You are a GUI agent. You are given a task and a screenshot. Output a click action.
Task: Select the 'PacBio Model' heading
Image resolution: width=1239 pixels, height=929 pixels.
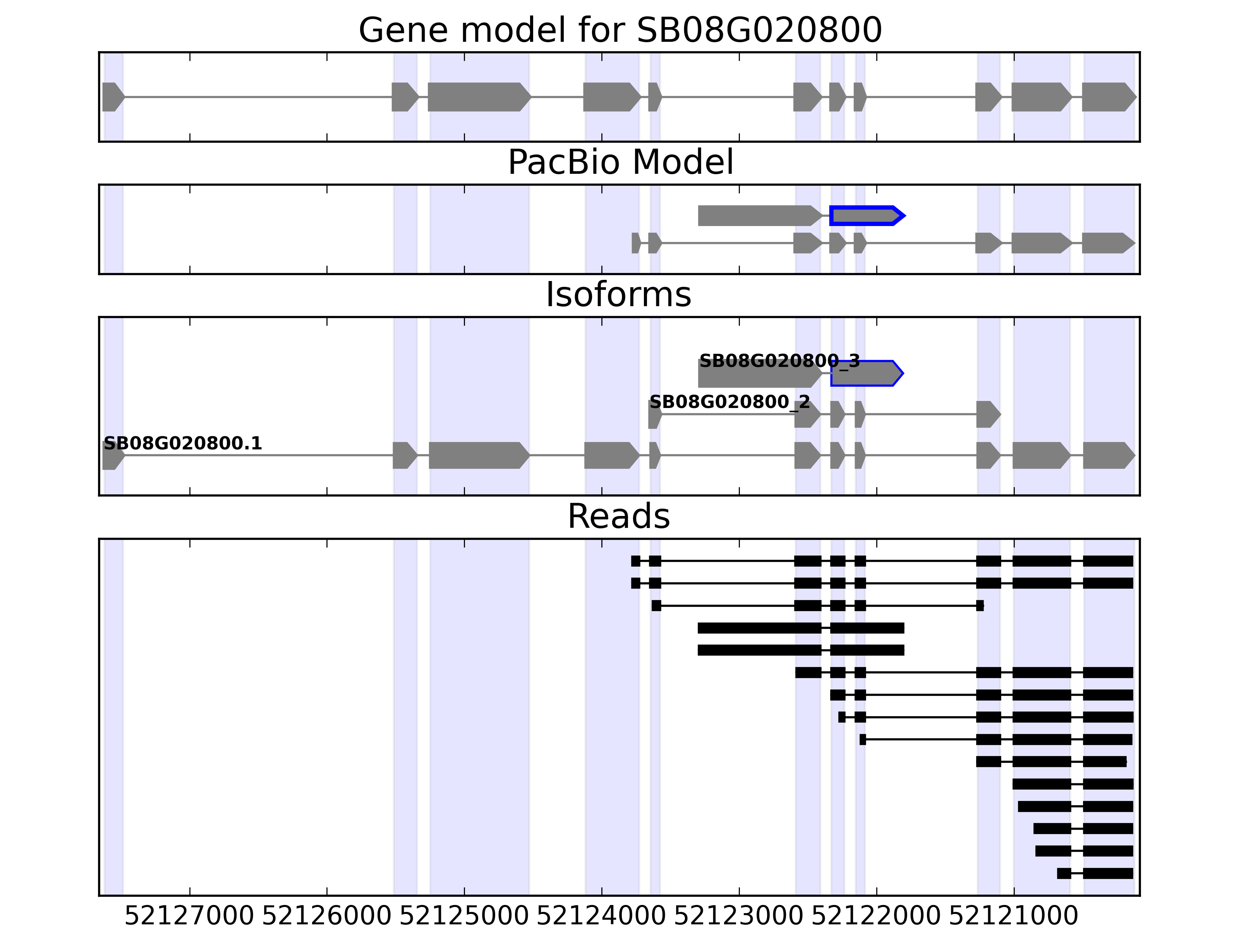(x=620, y=163)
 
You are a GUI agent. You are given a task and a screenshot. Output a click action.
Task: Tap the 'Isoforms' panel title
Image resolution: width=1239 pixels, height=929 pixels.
(x=618, y=295)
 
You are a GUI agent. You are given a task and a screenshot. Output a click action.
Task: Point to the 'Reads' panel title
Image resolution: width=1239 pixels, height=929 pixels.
(x=618, y=516)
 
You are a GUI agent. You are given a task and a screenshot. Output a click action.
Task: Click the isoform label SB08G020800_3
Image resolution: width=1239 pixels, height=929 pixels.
(x=779, y=361)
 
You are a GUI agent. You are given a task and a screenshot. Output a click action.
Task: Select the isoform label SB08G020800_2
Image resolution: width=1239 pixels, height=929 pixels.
(x=729, y=402)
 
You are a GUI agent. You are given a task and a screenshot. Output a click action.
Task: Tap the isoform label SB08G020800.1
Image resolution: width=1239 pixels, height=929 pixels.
(x=183, y=444)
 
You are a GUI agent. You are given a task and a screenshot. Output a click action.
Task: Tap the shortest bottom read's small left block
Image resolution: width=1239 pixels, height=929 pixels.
(x=1064, y=873)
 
